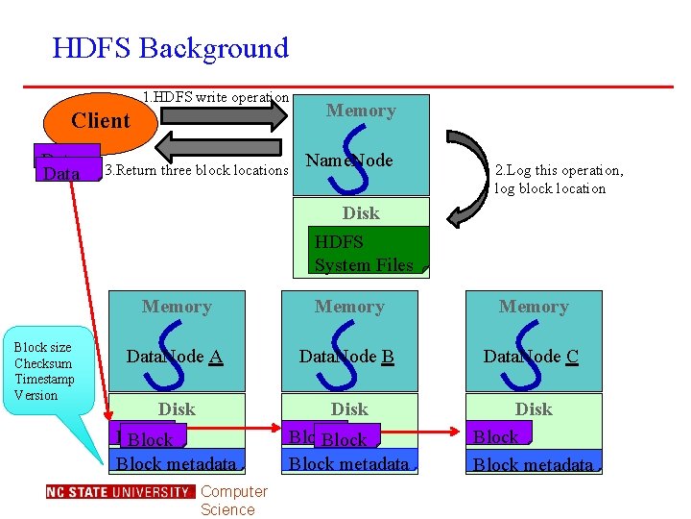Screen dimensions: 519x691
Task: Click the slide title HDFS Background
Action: coord(170,48)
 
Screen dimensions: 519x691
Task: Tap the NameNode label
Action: coord(348,161)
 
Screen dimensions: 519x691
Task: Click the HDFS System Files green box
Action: coord(366,253)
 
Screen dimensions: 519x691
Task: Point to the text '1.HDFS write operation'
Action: coord(215,97)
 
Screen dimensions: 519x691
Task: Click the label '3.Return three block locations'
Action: coord(196,171)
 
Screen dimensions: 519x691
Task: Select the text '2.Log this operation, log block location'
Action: coord(559,179)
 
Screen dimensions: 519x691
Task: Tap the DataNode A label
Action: coord(175,357)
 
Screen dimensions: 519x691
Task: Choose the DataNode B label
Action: coord(346,357)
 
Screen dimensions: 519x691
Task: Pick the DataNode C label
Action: coord(531,357)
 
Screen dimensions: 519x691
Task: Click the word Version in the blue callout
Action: coord(36,395)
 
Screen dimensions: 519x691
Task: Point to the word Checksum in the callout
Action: coord(43,363)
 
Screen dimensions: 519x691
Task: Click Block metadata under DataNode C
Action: coord(534,465)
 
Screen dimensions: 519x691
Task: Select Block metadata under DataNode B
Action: coord(349,464)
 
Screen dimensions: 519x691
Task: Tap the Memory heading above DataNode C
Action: coord(534,307)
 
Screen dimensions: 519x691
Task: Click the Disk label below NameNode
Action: coord(361,212)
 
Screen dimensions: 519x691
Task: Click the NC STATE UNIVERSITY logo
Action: coord(119,492)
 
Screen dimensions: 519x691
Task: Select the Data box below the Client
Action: coord(62,174)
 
